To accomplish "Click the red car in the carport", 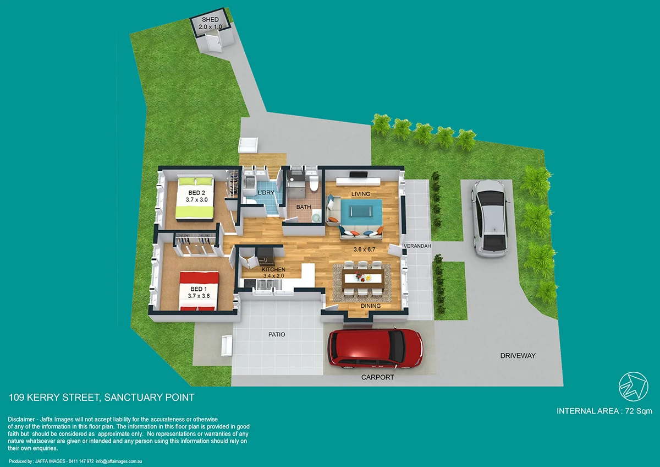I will tap(375, 348).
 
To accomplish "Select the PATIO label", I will tap(277, 334).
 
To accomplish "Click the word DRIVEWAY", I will tap(518, 356).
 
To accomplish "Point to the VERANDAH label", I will tap(416, 246).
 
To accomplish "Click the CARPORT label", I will tap(377, 378).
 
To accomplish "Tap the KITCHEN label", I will tap(273, 269).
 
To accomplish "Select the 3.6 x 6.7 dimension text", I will tap(364, 249).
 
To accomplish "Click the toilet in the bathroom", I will tap(314, 184).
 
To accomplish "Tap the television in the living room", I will tap(358, 176).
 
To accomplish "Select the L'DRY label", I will tap(266, 192).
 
